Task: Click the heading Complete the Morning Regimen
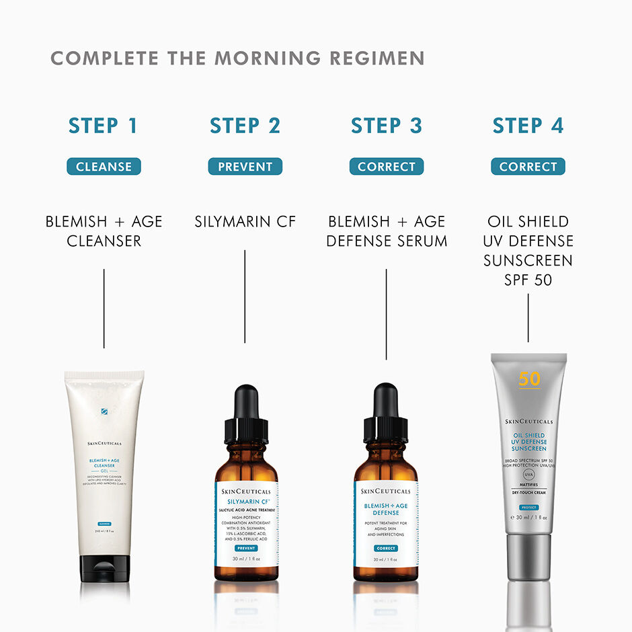click(x=237, y=58)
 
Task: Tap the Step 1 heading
click(x=104, y=126)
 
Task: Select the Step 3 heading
click(x=387, y=126)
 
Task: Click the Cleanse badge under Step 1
click(x=104, y=167)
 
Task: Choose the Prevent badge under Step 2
click(x=245, y=167)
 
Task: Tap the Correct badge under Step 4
click(x=528, y=167)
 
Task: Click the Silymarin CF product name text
click(x=245, y=221)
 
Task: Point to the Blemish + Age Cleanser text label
click(x=104, y=231)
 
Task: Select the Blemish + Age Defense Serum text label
click(x=387, y=231)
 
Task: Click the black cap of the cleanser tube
click(x=104, y=568)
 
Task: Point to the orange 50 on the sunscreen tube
click(x=529, y=379)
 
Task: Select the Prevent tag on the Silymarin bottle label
click(x=245, y=549)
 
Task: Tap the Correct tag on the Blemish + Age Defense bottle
click(x=386, y=549)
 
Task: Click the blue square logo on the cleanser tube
click(x=104, y=412)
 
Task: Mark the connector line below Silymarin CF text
click(x=245, y=296)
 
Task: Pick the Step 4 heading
click(x=528, y=126)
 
